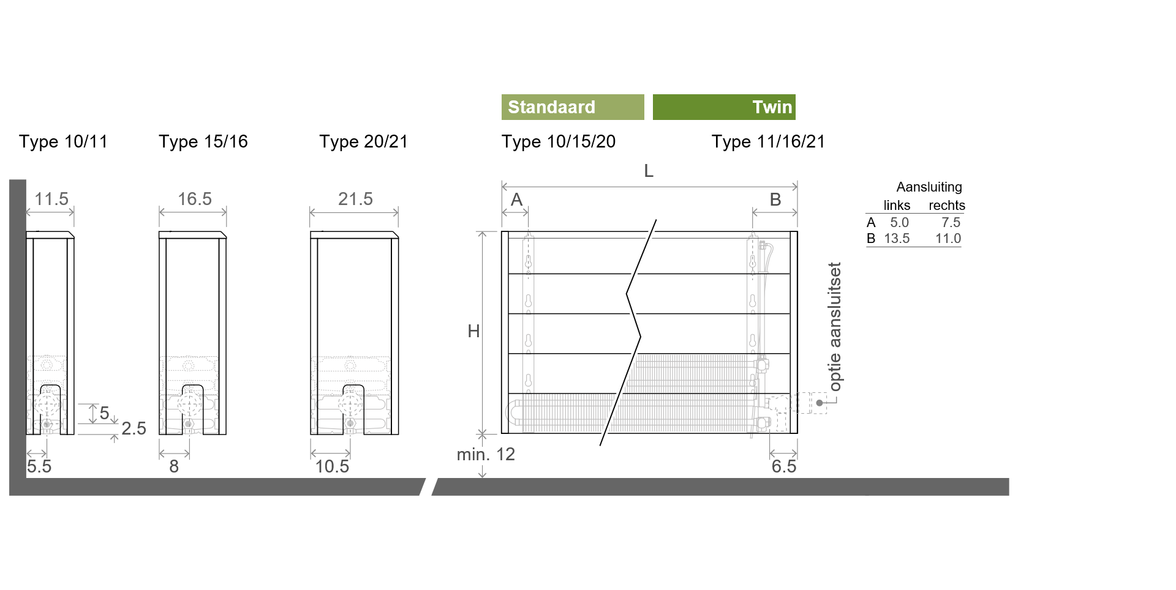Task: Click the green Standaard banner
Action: pyautogui.click(x=573, y=107)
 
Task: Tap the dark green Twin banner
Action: pyautogui.click(x=724, y=107)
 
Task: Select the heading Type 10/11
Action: pyautogui.click(x=63, y=142)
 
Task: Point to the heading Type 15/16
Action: pyautogui.click(x=203, y=142)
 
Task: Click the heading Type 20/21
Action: pyautogui.click(x=363, y=142)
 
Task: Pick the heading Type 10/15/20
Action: pyautogui.click(x=559, y=142)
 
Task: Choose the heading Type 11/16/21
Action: pyautogui.click(x=768, y=142)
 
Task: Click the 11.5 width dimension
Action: pyautogui.click(x=51, y=199)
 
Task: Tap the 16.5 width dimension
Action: pyautogui.click(x=195, y=199)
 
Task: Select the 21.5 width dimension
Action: pyautogui.click(x=355, y=199)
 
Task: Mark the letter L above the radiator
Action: pyautogui.click(x=649, y=171)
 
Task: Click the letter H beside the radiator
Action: pyautogui.click(x=473, y=331)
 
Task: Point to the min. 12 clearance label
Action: pyautogui.click(x=486, y=454)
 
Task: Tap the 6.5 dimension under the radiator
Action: pyautogui.click(x=784, y=466)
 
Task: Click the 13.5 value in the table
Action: pyautogui.click(x=897, y=239)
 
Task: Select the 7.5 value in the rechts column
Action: pyautogui.click(x=951, y=223)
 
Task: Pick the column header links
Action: pyautogui.click(x=897, y=206)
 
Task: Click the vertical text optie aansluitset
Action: pyautogui.click(x=835, y=327)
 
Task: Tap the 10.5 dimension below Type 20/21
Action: pyautogui.click(x=332, y=466)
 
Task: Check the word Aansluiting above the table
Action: pyautogui.click(x=929, y=187)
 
